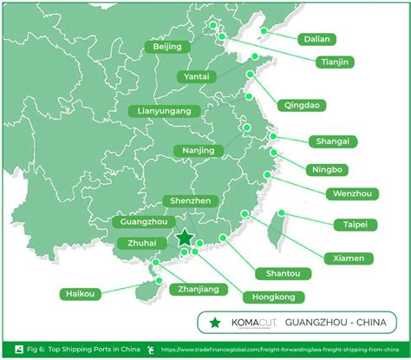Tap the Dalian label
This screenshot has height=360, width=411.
tap(317, 39)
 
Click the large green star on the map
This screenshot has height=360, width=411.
tap(184, 239)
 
